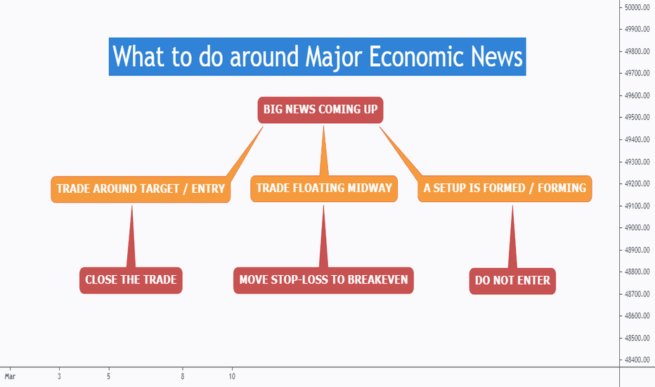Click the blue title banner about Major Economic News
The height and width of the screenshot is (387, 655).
click(x=317, y=56)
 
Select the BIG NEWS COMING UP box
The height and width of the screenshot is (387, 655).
click(x=320, y=110)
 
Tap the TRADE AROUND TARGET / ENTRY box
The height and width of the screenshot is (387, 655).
click(x=141, y=189)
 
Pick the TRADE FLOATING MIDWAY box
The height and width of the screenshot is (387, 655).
click(x=324, y=189)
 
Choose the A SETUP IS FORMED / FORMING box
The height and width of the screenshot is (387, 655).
click(x=505, y=189)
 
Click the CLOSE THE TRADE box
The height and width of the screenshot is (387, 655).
click(x=131, y=280)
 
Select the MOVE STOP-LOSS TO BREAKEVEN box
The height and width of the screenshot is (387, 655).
click(x=323, y=280)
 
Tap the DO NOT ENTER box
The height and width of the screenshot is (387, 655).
click(x=512, y=281)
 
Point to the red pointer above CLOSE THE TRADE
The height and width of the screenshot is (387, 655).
click(x=131, y=237)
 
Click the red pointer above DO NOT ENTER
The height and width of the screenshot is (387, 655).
click(x=512, y=237)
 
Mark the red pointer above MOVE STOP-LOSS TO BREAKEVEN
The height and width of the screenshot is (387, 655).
click(x=323, y=237)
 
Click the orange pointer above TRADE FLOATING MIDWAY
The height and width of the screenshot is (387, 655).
click(x=324, y=151)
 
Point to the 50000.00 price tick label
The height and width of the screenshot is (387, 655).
click(x=637, y=7)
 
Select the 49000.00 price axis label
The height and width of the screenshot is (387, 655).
click(x=637, y=227)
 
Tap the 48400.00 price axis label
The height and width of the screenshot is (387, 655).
click(x=637, y=360)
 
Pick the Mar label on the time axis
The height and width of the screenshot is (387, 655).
click(x=10, y=376)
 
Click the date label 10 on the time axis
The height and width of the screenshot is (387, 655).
click(x=232, y=376)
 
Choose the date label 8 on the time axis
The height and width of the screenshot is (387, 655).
click(x=183, y=376)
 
